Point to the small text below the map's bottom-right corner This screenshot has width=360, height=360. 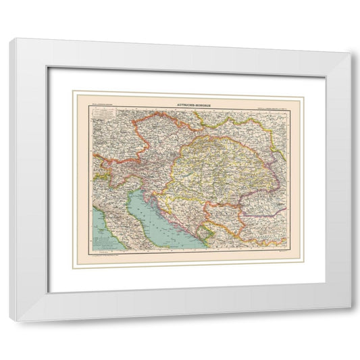click(282, 255)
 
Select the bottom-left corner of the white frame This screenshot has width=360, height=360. click(11, 318)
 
